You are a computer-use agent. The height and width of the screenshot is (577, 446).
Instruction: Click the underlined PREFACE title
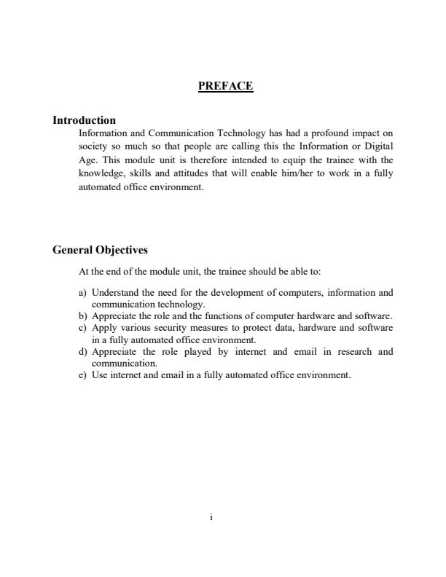[225, 86]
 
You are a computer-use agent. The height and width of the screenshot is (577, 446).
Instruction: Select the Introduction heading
[84, 120]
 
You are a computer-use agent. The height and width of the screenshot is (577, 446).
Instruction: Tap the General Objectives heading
[100, 250]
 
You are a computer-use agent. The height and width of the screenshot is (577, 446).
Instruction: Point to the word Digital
[377, 146]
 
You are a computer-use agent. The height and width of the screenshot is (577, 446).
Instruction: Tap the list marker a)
[82, 293]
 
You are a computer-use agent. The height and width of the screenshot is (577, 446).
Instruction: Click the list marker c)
[82, 328]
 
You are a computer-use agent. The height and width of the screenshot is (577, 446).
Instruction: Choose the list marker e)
[82, 375]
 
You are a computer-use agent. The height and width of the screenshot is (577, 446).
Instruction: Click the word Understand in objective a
[117, 293]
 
